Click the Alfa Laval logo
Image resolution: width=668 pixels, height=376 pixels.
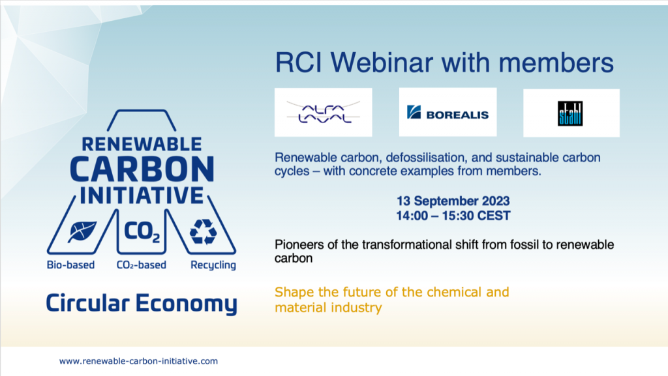tap(324, 112)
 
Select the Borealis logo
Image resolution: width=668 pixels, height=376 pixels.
tap(448, 112)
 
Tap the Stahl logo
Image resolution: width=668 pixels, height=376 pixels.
tap(570, 113)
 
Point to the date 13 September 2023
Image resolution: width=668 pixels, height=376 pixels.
tap(453, 201)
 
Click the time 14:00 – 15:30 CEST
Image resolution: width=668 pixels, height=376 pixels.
tap(453, 216)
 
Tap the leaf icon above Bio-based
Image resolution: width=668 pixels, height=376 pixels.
tap(82, 231)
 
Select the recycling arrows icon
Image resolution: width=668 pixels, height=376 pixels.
tap(204, 232)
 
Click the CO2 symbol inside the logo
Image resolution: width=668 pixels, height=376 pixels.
tap(142, 232)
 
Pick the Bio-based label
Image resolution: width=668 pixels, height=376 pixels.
tap(70, 265)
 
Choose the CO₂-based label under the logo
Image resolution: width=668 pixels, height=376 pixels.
tap(142, 265)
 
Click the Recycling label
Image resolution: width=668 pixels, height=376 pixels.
tap(213, 265)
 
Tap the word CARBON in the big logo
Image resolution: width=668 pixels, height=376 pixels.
tap(142, 169)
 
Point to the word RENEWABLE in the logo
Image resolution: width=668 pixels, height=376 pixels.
tap(142, 144)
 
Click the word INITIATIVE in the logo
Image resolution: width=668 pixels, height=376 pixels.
tap(142, 195)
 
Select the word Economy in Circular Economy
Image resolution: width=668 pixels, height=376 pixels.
tap(187, 304)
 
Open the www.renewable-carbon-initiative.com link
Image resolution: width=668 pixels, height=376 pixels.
tap(138, 361)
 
